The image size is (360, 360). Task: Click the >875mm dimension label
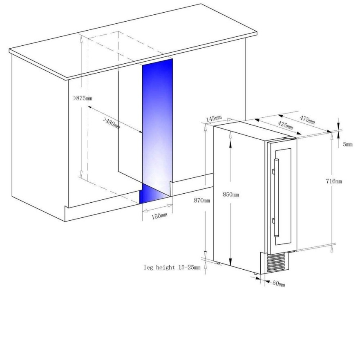(x=83, y=98)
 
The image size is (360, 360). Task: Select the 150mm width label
(x=159, y=216)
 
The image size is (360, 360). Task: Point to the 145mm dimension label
(x=214, y=119)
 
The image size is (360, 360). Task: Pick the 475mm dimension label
(x=307, y=119)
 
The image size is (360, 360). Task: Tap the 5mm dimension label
(x=348, y=144)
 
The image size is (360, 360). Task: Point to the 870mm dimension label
(x=202, y=200)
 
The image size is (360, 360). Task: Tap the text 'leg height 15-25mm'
(x=172, y=268)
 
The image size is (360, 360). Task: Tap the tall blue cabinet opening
(x=157, y=123)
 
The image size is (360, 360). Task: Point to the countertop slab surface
(x=131, y=41)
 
